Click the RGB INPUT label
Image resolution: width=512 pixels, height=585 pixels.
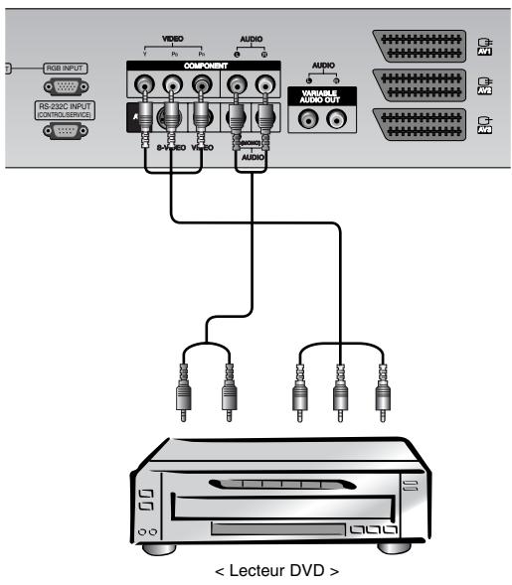tap(66, 69)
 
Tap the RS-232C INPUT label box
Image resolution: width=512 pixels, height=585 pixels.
tap(66, 110)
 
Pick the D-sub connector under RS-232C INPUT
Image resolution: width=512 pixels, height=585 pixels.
tap(67, 129)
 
